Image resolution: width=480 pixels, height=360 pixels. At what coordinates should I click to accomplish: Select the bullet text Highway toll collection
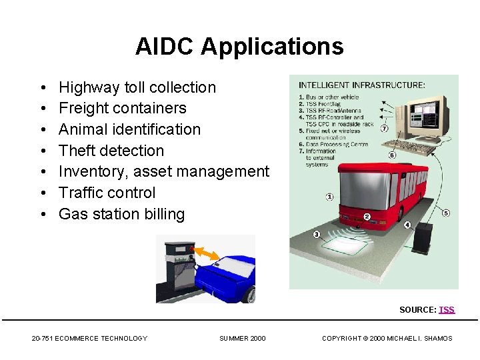pyautogui.click(x=137, y=87)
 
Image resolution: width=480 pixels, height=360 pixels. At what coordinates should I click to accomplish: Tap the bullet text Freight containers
pyautogui.click(x=123, y=108)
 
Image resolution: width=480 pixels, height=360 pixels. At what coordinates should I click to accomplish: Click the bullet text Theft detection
pyautogui.click(x=111, y=151)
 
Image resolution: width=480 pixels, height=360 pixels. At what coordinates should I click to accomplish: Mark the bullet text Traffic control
pyautogui.click(x=107, y=193)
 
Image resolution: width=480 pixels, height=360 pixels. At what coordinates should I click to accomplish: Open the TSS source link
pyautogui.click(x=447, y=310)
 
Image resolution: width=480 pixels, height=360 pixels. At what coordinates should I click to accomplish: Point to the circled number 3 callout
pyautogui.click(x=317, y=233)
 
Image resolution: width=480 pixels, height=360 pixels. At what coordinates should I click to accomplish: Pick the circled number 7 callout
pyautogui.click(x=385, y=128)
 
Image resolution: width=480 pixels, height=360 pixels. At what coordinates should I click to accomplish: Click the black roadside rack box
pyautogui.click(x=422, y=238)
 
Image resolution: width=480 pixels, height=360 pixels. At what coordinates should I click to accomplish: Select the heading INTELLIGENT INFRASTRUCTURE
pyautogui.click(x=361, y=85)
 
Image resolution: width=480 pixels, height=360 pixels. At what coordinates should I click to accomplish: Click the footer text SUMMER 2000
pyautogui.click(x=242, y=339)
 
